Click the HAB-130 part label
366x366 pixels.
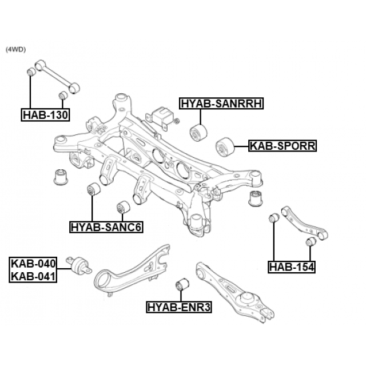[46, 116]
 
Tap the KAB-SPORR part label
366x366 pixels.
[283, 146]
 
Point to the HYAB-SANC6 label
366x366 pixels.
[106, 228]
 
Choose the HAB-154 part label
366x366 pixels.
[292, 266]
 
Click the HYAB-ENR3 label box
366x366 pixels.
[180, 307]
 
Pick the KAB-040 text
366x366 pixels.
[33, 264]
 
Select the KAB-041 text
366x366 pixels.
[33, 277]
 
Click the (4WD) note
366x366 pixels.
[15, 50]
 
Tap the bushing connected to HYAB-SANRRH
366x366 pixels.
[198, 133]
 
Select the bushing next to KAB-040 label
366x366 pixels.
[81, 265]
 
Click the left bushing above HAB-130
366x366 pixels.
[32, 73]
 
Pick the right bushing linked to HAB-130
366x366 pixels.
[63, 96]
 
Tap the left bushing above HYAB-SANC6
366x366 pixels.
[93, 189]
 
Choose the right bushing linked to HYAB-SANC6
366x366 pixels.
[123, 206]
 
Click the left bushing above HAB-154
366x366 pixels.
[274, 218]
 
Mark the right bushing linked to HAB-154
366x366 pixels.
[311, 243]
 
